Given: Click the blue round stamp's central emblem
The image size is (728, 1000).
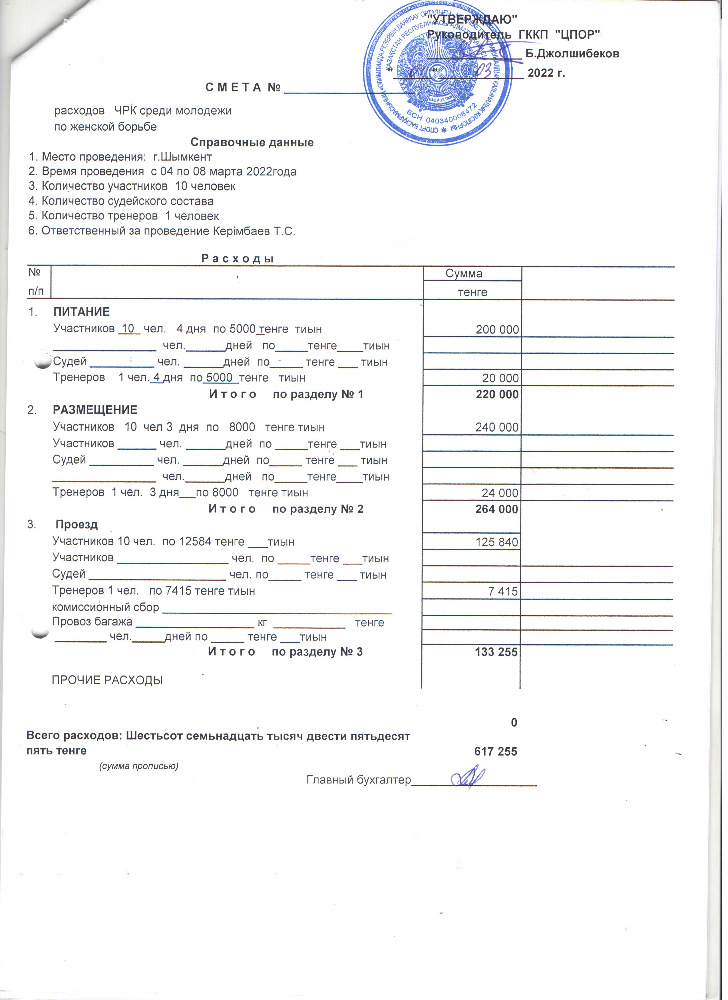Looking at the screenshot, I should coord(439,72).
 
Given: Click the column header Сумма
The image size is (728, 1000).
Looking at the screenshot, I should coord(467,276).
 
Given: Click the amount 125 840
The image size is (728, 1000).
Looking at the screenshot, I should coord(500,546).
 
